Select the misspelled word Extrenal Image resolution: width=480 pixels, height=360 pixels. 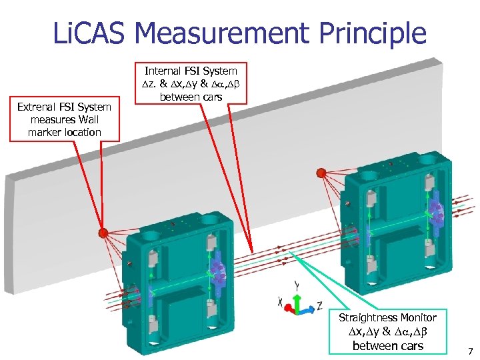39,107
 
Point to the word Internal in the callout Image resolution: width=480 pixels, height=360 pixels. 165,70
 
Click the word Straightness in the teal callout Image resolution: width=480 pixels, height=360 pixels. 369,318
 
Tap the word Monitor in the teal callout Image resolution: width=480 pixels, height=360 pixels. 418,318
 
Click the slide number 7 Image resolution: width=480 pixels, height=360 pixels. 470,351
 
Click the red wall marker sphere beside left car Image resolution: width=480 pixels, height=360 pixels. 103,233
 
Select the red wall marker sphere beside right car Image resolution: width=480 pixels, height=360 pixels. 321,173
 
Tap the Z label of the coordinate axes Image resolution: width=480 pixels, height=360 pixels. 321,305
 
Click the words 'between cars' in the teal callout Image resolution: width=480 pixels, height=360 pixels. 387,345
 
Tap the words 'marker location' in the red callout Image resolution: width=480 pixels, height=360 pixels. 65,133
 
